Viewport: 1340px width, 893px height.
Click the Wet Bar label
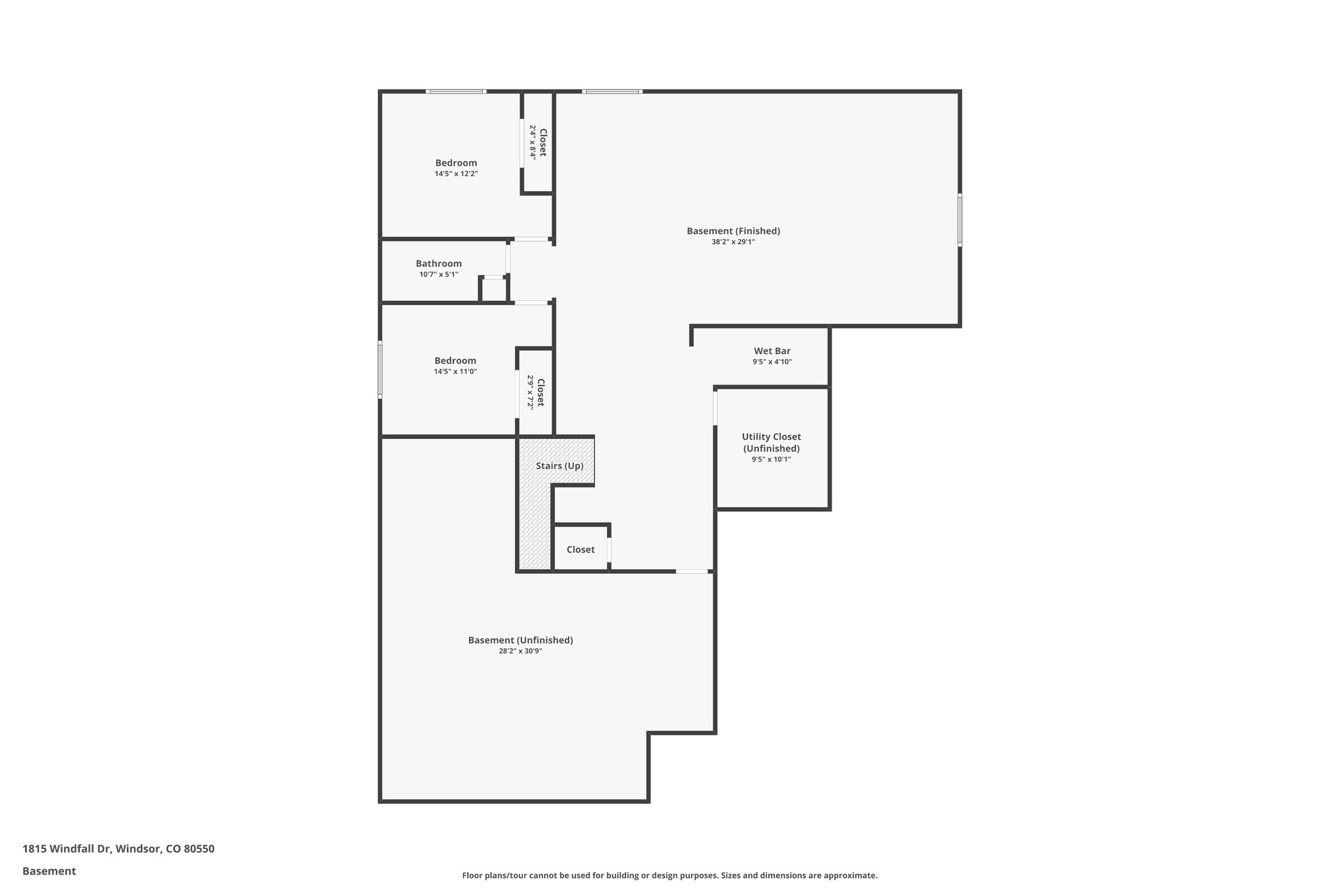tap(772, 351)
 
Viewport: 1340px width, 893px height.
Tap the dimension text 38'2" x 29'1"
tap(733, 242)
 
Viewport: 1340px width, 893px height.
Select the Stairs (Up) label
tap(559, 466)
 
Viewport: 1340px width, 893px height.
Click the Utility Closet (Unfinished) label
tap(771, 443)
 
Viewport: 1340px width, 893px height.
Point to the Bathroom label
tap(438, 264)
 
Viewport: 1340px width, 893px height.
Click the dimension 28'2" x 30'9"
tap(520, 652)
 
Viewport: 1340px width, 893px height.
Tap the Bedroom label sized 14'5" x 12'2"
tap(456, 163)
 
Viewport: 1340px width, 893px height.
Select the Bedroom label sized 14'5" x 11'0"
tap(455, 360)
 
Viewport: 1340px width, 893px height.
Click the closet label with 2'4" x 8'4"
tap(542, 143)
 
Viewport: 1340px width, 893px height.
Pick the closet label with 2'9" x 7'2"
tap(540, 392)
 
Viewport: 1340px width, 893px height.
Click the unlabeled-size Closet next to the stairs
tap(580, 550)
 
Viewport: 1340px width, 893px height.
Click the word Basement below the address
tap(49, 871)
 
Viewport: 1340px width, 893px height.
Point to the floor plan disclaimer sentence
tap(669, 876)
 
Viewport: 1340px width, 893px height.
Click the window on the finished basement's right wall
tap(960, 219)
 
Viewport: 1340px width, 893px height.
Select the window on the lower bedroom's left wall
tap(380, 370)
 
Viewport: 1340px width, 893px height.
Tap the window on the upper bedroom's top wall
tap(456, 92)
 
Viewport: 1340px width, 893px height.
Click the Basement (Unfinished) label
tap(520, 640)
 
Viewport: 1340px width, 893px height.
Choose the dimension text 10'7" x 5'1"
tap(438, 275)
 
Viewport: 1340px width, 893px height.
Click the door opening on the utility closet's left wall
tap(715, 407)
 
